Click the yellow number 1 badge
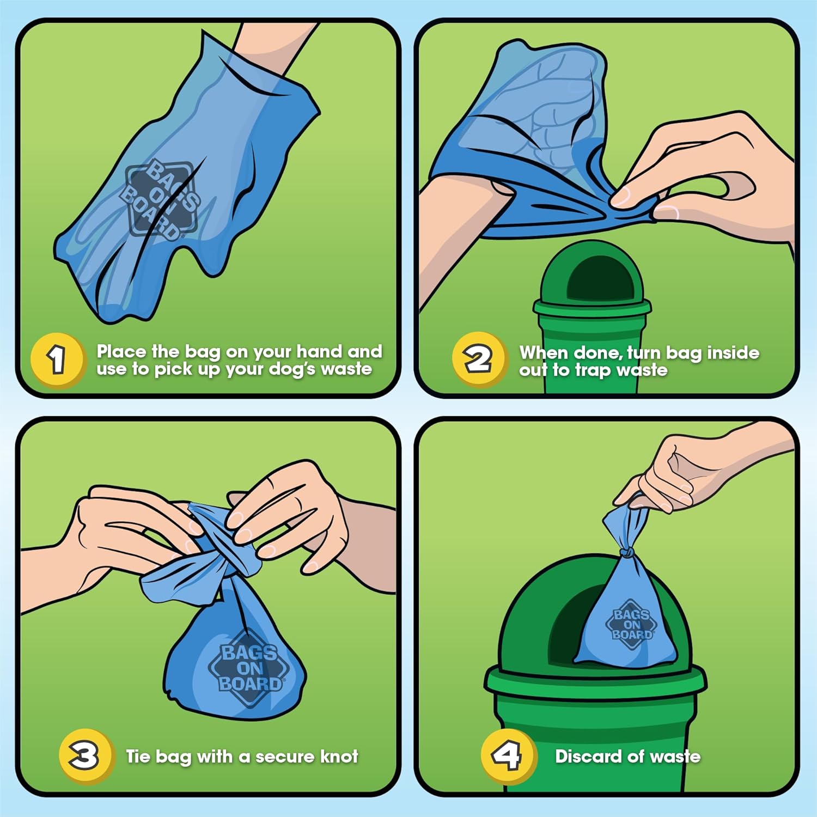pos(58,360)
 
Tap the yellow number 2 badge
pos(479,359)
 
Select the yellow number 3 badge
pos(86,757)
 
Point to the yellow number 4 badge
pos(508,757)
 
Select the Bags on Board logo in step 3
pos(250,668)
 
